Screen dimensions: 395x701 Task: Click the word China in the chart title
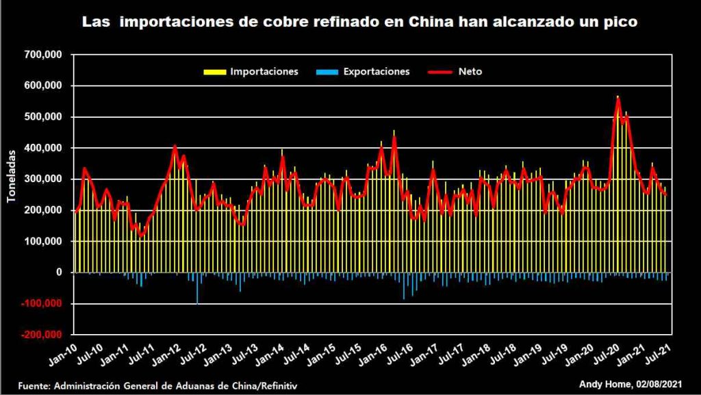430,22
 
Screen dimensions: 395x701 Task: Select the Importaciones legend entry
264,71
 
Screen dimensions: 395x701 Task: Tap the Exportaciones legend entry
376,71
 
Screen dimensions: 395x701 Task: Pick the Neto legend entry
469,71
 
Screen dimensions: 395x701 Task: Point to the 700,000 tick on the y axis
44,55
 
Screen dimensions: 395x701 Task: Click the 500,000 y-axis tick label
44,117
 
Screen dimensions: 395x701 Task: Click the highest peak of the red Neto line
617,100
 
